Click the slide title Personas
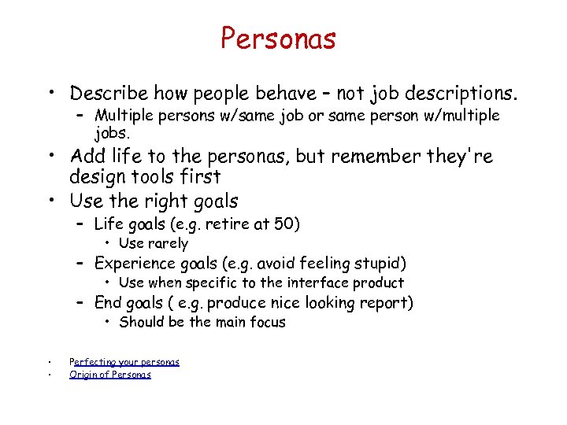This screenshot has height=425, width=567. tap(278, 38)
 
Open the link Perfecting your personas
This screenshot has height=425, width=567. tap(124, 362)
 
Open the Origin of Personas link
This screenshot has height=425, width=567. tap(110, 375)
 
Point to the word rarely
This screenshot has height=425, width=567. tap(168, 243)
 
